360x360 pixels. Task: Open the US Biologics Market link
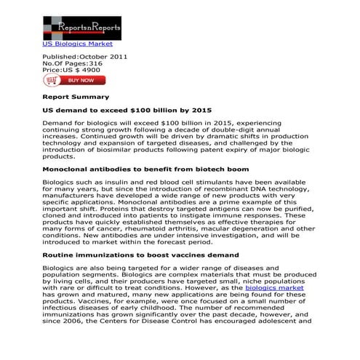77,43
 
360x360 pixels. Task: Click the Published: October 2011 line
86,56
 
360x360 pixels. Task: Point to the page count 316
104,63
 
